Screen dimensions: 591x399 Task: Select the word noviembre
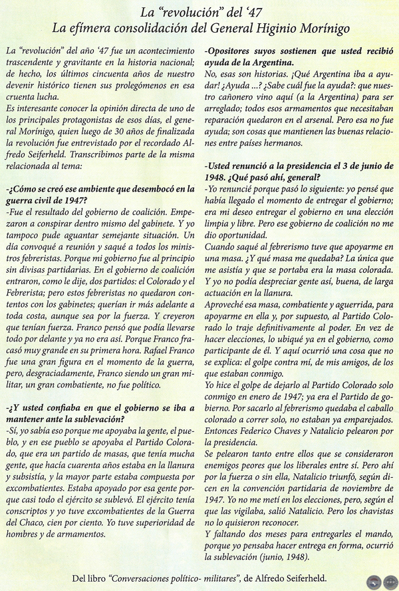(x=366, y=495)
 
